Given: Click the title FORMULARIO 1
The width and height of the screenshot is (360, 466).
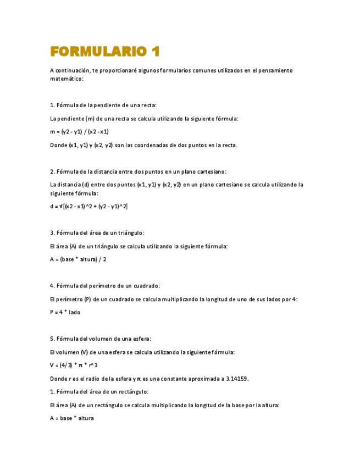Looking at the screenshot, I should coord(104,52).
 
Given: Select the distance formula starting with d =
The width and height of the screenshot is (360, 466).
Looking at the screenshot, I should coord(88,207).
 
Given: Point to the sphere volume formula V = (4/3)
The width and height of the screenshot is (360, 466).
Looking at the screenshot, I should coord(74,365).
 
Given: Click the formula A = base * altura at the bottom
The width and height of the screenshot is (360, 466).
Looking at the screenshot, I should coord(71,418).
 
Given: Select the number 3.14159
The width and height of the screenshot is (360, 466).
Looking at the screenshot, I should coord(234,378).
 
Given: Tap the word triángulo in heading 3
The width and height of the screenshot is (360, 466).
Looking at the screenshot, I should coord(130,233).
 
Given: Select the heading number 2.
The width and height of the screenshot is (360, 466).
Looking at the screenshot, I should coord(52,171).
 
